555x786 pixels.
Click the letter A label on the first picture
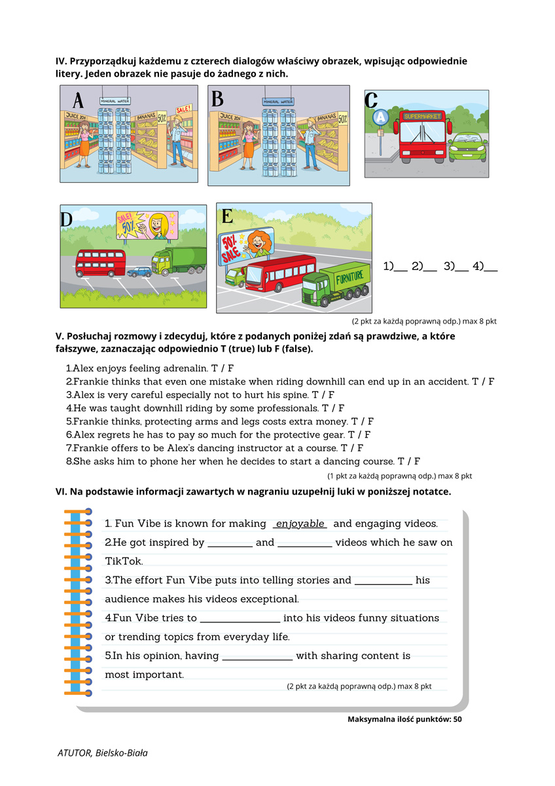coord(78,101)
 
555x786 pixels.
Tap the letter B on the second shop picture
coord(218,99)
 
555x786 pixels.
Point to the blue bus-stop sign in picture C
coord(380,117)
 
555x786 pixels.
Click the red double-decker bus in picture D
coord(99,263)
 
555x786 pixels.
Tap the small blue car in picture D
coord(139,271)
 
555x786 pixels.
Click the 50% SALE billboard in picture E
coord(230,249)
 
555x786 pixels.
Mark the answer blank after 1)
coord(401,267)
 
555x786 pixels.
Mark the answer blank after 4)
coord(490,267)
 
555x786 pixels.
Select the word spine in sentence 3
coord(294,395)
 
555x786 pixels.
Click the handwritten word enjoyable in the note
coord(300,524)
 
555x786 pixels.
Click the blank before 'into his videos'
coord(240,618)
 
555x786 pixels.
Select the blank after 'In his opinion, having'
coord(257,656)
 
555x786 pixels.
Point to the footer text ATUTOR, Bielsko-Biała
coord(102,753)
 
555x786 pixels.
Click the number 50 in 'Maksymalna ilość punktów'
coord(457,719)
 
